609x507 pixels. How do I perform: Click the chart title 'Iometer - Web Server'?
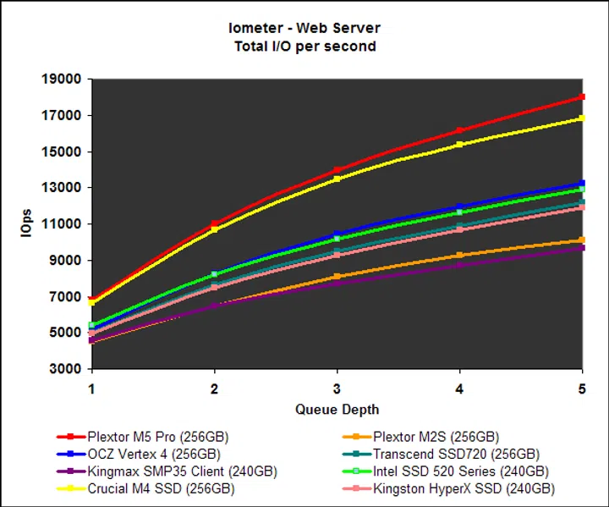(305, 29)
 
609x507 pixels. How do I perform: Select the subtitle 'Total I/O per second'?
(305, 46)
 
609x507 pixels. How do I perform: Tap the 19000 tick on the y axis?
(62, 80)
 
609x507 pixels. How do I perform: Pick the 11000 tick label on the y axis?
(62, 224)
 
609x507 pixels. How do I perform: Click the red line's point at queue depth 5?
(582, 97)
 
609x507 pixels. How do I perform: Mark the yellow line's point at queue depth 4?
(459, 145)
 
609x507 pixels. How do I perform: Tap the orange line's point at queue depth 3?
(337, 277)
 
